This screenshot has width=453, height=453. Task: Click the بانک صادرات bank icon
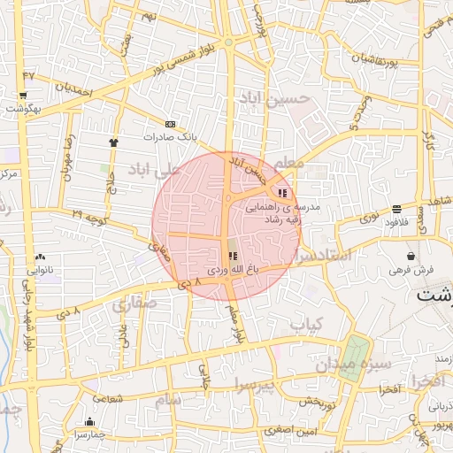click(x=171, y=124)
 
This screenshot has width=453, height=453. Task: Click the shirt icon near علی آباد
click(x=113, y=142)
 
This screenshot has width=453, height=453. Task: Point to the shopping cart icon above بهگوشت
click(x=22, y=95)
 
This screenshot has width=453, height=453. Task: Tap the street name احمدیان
click(x=73, y=90)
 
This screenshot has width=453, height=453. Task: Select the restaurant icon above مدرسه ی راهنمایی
click(x=282, y=192)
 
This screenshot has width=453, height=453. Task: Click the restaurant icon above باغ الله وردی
click(x=233, y=256)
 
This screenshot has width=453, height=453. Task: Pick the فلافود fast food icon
click(x=411, y=210)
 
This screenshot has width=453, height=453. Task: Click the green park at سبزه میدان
click(x=353, y=358)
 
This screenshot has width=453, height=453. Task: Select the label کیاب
click(x=307, y=325)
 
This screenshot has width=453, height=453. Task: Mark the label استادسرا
click(x=323, y=257)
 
